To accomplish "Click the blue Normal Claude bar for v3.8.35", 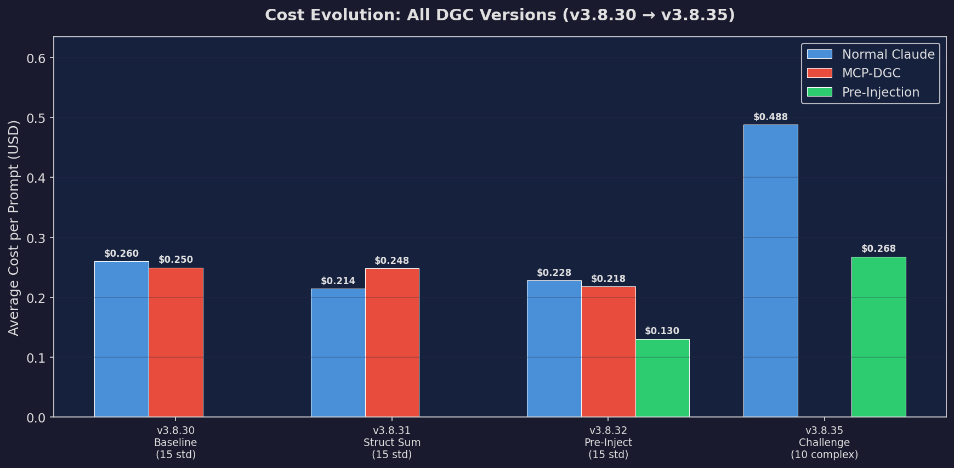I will point(770,271).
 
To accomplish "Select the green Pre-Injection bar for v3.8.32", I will point(662,378).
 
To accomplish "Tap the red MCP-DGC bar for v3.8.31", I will point(392,343).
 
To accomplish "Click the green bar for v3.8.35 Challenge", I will point(878,337).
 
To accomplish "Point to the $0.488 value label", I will point(770,117).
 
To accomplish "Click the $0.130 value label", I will point(662,331).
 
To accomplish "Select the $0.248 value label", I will point(391,261).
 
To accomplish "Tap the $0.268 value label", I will point(878,249).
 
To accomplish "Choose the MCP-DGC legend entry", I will point(871,73).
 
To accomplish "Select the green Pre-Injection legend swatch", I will point(820,92).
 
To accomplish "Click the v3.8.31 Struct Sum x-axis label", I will point(392,442).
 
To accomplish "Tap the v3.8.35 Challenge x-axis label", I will point(824,442).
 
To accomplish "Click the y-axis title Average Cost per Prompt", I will point(14,227).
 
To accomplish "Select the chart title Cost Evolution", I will point(499,15).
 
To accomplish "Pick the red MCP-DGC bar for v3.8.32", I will point(608,352).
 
